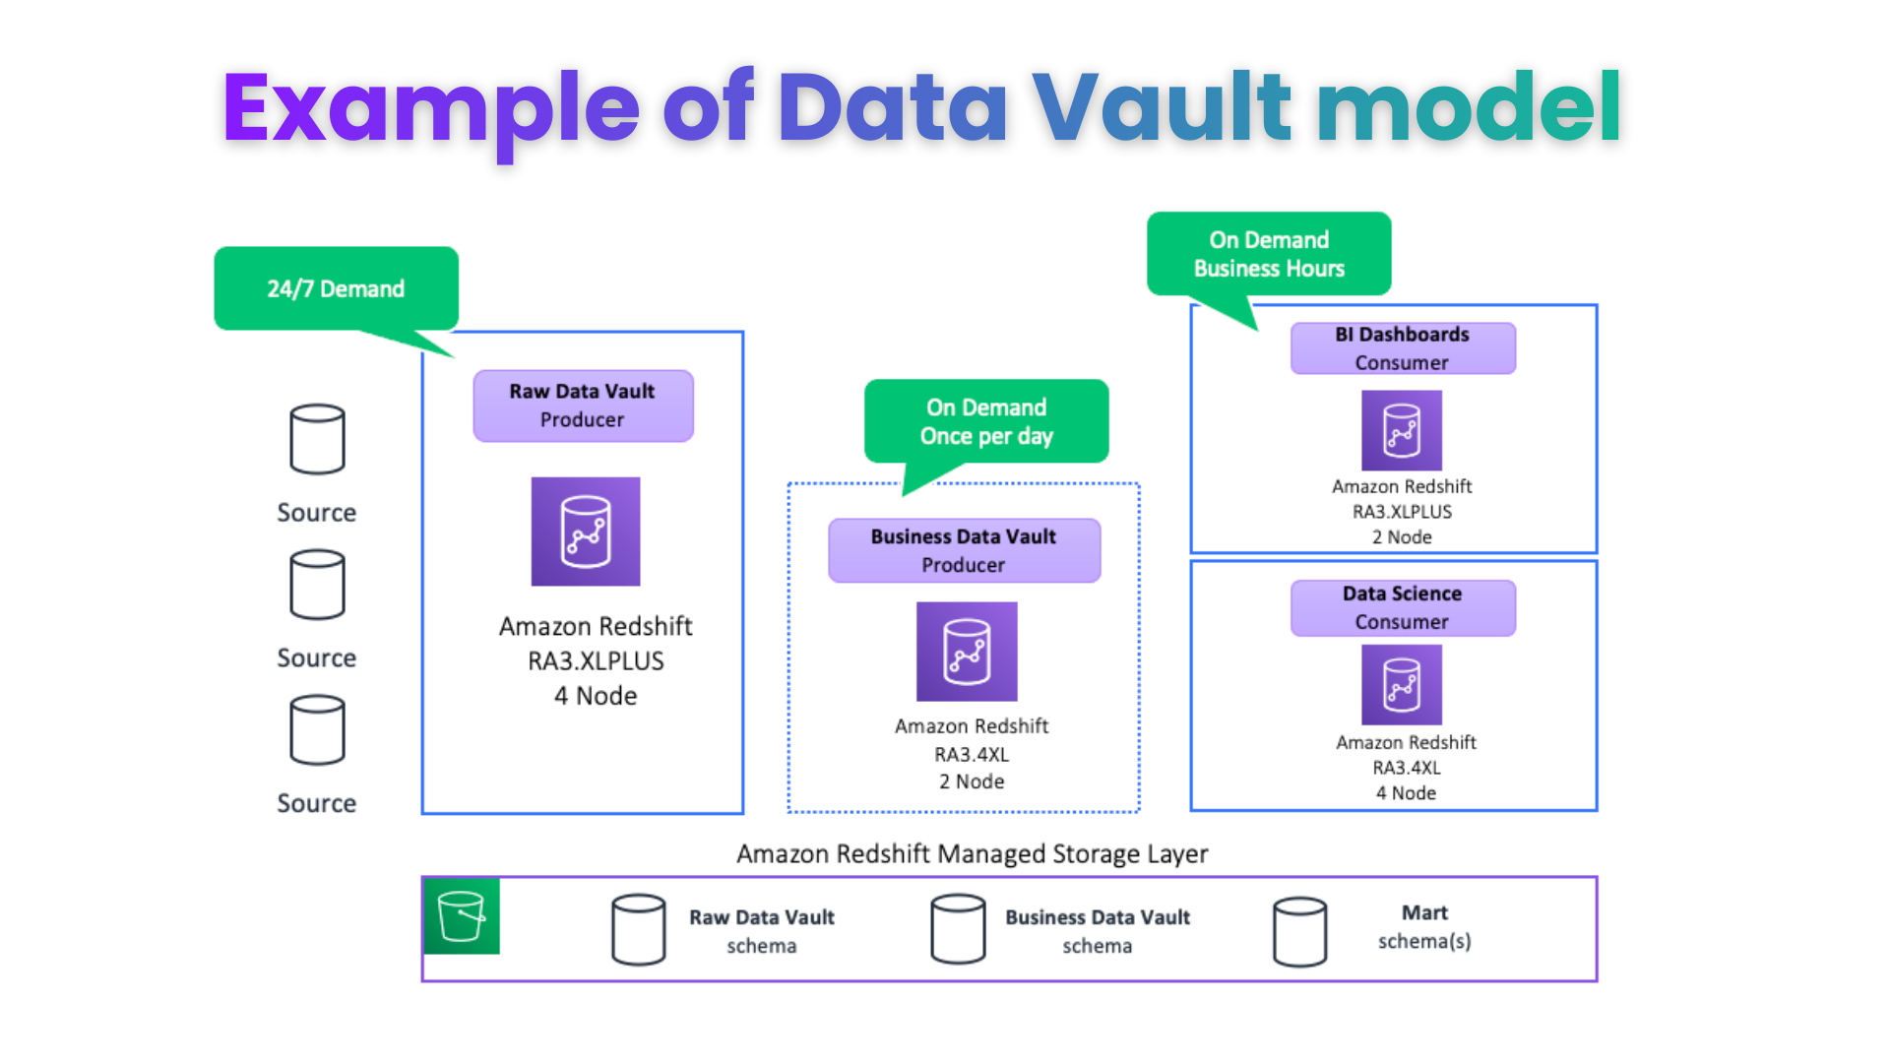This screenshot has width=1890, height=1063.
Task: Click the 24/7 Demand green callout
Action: click(x=336, y=288)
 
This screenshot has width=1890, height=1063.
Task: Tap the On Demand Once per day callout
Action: click(x=986, y=421)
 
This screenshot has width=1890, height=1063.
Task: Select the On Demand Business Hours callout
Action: click(x=1269, y=254)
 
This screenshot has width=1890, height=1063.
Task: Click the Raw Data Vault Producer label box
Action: click(x=583, y=406)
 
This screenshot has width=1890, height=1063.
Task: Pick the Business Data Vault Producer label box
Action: click(x=964, y=550)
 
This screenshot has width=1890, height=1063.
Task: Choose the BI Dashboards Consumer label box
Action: click(x=1403, y=348)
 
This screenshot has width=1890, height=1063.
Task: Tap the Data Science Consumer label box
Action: click(x=1403, y=607)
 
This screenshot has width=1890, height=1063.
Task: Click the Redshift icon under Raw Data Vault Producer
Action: click(x=586, y=531)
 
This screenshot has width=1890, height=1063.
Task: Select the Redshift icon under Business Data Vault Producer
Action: click(x=967, y=652)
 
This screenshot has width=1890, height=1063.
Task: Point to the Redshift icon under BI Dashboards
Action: click(x=1402, y=430)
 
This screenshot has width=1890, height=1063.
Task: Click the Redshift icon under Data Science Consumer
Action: click(x=1402, y=685)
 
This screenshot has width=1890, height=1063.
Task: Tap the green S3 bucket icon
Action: click(x=462, y=916)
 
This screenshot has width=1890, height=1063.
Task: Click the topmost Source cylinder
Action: click(x=317, y=439)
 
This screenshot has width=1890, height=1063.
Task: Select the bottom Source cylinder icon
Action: click(x=317, y=730)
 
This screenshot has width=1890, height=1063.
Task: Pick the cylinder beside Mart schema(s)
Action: click(x=1299, y=931)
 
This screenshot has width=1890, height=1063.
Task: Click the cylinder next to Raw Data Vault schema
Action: click(x=638, y=929)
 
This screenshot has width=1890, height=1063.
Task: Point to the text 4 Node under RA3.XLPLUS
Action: click(x=596, y=696)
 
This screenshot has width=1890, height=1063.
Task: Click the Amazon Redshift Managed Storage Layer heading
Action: click(x=972, y=853)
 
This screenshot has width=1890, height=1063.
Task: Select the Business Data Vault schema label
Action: click(x=1097, y=931)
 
